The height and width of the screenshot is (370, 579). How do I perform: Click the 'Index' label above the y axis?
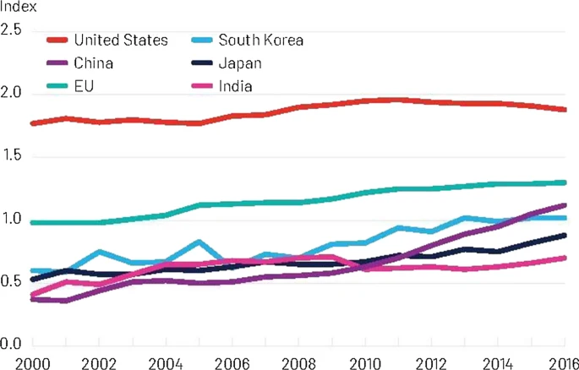click(x=17, y=8)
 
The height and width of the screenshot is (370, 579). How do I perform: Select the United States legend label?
click(x=121, y=40)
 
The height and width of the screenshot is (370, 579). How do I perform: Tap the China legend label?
click(x=94, y=63)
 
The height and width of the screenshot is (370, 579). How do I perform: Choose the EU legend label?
click(x=84, y=85)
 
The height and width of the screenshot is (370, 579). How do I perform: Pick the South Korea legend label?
click(x=260, y=40)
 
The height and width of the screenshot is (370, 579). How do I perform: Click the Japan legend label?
click(x=239, y=63)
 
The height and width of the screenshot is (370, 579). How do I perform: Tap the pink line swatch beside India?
click(x=199, y=85)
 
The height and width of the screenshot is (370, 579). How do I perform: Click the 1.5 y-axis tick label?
click(x=11, y=157)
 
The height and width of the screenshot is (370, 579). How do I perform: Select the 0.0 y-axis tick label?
click(x=11, y=345)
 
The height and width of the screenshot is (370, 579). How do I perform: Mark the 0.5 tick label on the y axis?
click(x=11, y=282)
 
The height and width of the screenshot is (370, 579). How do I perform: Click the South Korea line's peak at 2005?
click(x=198, y=242)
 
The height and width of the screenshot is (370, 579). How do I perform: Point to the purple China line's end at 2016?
click(x=565, y=204)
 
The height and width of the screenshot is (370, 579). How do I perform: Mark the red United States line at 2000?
click(x=32, y=123)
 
